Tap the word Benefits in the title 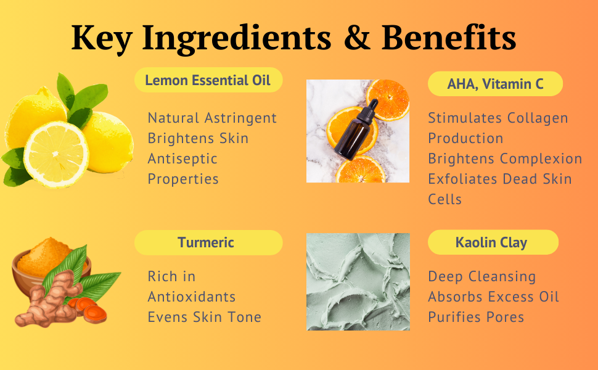tap(449, 38)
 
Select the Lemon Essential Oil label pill tap(208, 80)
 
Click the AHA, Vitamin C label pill tap(495, 84)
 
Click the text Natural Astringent tap(212, 118)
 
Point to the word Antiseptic tap(182, 158)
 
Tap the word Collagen tap(538, 118)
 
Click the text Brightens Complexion tap(505, 158)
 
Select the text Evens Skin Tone tap(205, 317)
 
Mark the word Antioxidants tap(192, 297)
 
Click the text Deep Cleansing tap(482, 276)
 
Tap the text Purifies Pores tap(476, 317)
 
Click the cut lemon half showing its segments tap(56, 154)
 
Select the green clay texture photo tap(358, 281)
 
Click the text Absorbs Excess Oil tap(494, 297)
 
